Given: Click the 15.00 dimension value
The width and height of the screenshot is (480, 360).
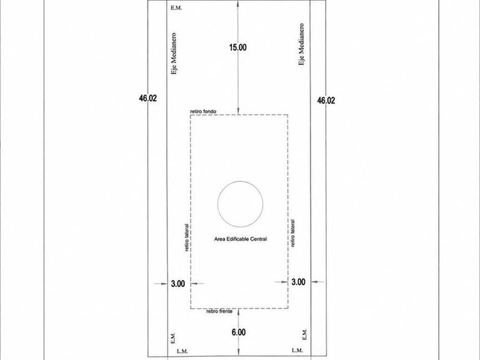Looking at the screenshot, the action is click(x=238, y=47).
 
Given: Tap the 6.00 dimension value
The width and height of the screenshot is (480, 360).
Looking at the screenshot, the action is click(x=239, y=332).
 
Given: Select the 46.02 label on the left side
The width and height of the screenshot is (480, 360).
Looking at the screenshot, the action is click(x=148, y=98).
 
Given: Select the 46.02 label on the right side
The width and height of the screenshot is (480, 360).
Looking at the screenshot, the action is click(x=326, y=101).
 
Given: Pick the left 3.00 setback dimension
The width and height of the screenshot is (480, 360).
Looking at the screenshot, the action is click(x=178, y=284).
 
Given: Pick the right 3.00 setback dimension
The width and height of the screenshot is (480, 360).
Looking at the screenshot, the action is click(x=298, y=282).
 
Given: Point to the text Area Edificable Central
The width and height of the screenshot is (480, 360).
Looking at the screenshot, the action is click(x=240, y=239).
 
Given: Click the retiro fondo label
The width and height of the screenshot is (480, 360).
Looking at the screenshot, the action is click(x=203, y=111).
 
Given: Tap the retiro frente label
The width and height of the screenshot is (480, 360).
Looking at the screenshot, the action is click(x=219, y=311).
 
